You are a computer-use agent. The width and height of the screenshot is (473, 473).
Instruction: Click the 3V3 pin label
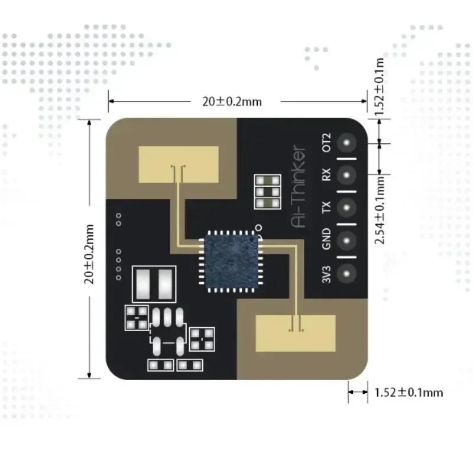(326, 273)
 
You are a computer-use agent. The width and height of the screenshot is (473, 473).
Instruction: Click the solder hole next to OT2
(347, 143)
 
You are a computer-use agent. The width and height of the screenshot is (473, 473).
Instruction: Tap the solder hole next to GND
(347, 240)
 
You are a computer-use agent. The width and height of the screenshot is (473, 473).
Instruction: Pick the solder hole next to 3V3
(347, 273)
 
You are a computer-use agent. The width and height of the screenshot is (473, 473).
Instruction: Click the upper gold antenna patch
(178, 163)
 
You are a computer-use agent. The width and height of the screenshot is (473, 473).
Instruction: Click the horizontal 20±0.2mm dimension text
(232, 101)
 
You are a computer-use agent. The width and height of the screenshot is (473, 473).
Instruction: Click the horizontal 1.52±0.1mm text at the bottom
(409, 392)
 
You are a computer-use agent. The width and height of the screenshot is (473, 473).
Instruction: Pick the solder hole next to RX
(347, 176)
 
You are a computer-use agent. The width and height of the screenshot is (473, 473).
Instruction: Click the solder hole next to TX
(347, 208)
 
